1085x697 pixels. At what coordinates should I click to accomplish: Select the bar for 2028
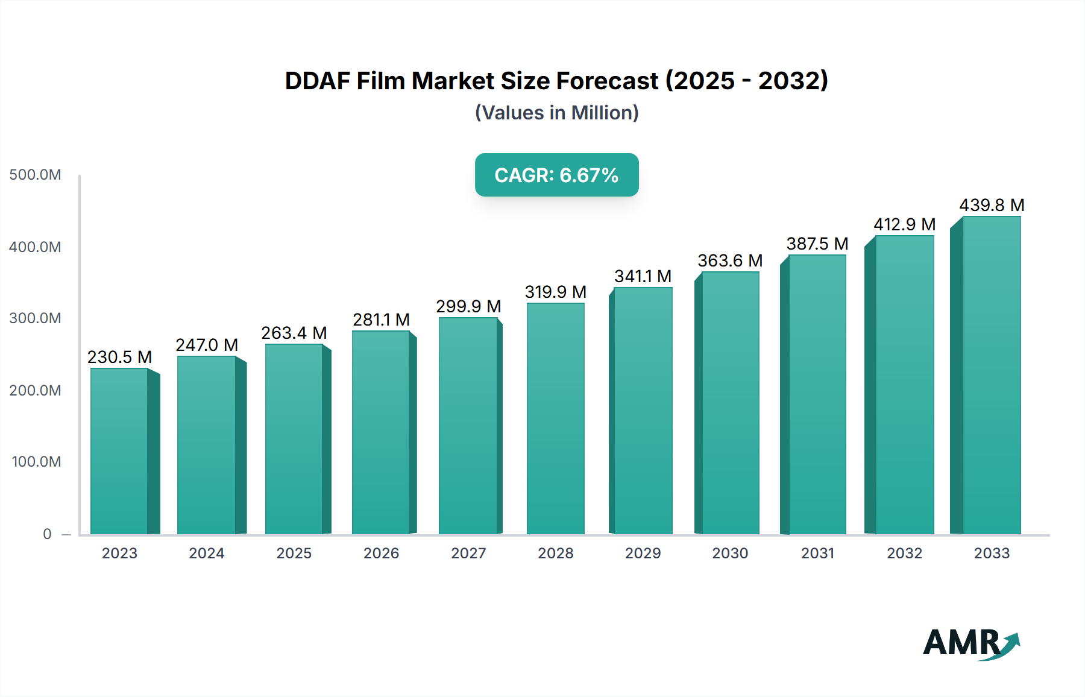tap(555, 418)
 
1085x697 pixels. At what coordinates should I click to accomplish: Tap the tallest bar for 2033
tap(992, 375)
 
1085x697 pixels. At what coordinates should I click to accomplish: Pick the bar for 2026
tap(381, 432)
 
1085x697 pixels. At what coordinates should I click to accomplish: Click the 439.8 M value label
tap(992, 205)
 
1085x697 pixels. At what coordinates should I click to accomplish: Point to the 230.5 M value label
tap(119, 357)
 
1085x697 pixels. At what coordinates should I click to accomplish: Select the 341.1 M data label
tap(643, 276)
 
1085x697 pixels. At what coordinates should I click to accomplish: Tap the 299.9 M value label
tap(468, 306)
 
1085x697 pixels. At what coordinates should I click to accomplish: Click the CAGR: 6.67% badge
tap(556, 175)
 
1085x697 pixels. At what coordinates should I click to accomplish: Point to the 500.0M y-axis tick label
tap(35, 175)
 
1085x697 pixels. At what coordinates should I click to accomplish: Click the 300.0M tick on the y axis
tap(35, 318)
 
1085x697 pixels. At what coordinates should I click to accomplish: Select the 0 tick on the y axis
tap(47, 534)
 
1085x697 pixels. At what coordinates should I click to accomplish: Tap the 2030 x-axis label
tap(730, 553)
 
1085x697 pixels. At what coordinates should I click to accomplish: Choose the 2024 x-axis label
tap(206, 553)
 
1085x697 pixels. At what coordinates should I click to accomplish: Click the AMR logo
tap(970, 643)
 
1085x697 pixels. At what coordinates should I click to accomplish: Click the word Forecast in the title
tap(608, 81)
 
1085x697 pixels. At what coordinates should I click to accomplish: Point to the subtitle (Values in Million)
tap(556, 113)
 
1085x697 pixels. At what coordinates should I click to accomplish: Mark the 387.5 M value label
tap(817, 244)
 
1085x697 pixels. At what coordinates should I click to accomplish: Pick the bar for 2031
tap(817, 394)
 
